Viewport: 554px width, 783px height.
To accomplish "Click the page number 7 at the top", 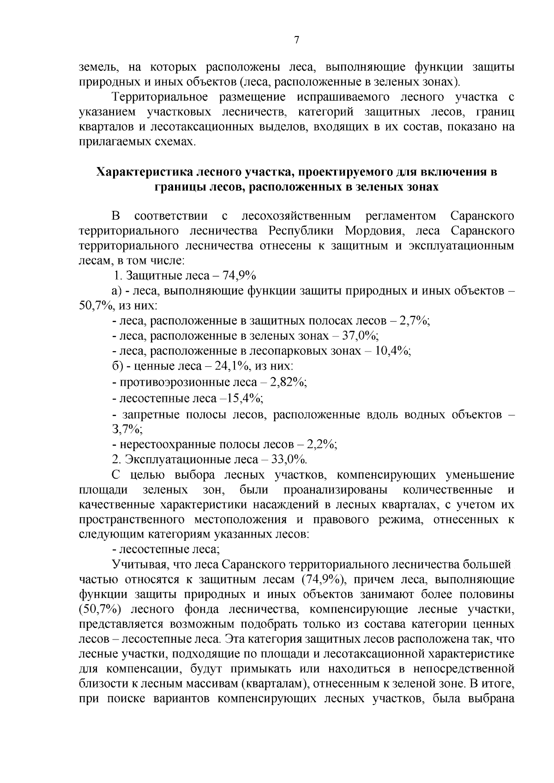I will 297,40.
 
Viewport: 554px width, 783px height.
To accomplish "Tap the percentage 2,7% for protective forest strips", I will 414,321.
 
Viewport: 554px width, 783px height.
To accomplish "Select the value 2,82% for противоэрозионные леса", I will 289,382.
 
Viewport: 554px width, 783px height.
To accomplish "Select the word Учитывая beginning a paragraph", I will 135,564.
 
